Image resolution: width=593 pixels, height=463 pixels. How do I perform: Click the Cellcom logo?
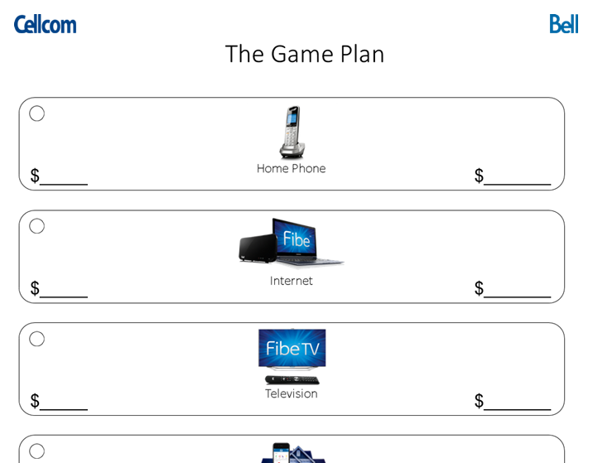click(x=45, y=24)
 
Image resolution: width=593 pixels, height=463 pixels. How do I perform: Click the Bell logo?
click(x=563, y=24)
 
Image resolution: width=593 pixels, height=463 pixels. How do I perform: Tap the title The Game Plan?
click(x=305, y=54)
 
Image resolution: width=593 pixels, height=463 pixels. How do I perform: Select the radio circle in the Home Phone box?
click(x=37, y=113)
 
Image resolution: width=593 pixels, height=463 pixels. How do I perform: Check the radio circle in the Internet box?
click(x=37, y=226)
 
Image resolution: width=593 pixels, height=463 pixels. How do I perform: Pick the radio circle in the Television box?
click(x=37, y=339)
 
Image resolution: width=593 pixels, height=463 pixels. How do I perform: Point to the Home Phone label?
click(x=291, y=169)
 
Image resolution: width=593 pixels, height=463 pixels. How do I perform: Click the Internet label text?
click(x=291, y=281)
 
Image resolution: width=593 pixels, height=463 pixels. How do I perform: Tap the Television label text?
click(x=291, y=393)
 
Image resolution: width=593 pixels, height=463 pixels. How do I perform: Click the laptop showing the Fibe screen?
click(x=303, y=243)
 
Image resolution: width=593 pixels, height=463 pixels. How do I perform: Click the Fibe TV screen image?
click(x=292, y=349)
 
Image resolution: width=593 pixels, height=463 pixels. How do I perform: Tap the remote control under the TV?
click(x=292, y=379)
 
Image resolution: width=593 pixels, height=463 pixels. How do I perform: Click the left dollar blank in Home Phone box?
click(x=63, y=177)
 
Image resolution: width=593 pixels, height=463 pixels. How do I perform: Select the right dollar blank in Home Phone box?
click(x=517, y=177)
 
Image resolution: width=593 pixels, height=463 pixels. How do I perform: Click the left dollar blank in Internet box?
click(x=63, y=290)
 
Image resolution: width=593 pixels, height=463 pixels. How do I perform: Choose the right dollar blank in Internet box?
click(x=517, y=290)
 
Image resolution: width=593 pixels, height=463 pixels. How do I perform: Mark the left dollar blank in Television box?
click(x=63, y=403)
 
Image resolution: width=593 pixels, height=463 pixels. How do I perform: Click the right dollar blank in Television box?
click(x=517, y=403)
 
